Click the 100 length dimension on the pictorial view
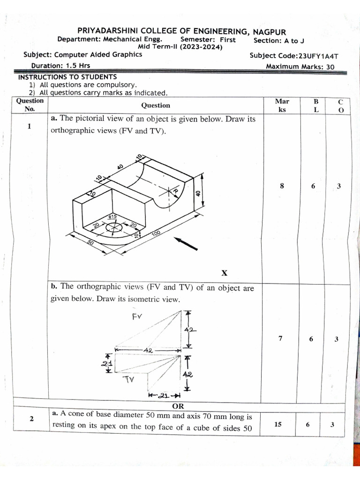(x=156, y=232)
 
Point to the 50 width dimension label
(x=91, y=243)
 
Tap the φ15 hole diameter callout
(x=112, y=217)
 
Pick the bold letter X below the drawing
(x=224, y=273)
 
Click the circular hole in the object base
(x=113, y=227)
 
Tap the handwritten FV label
(x=137, y=317)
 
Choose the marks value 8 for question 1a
(x=282, y=186)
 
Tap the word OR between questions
(x=178, y=406)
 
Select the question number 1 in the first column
(x=29, y=126)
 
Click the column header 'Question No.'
(x=30, y=105)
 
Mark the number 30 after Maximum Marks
(x=330, y=67)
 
